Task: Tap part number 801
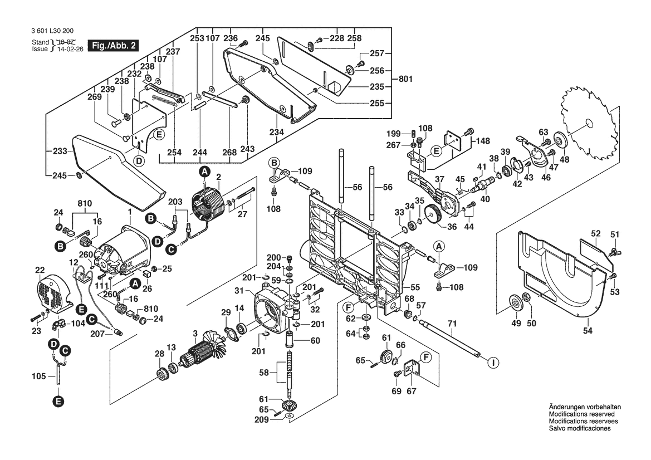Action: (405, 79)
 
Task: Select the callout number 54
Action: (588, 331)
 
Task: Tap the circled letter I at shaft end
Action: (492, 363)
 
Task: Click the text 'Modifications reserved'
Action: (581, 414)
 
